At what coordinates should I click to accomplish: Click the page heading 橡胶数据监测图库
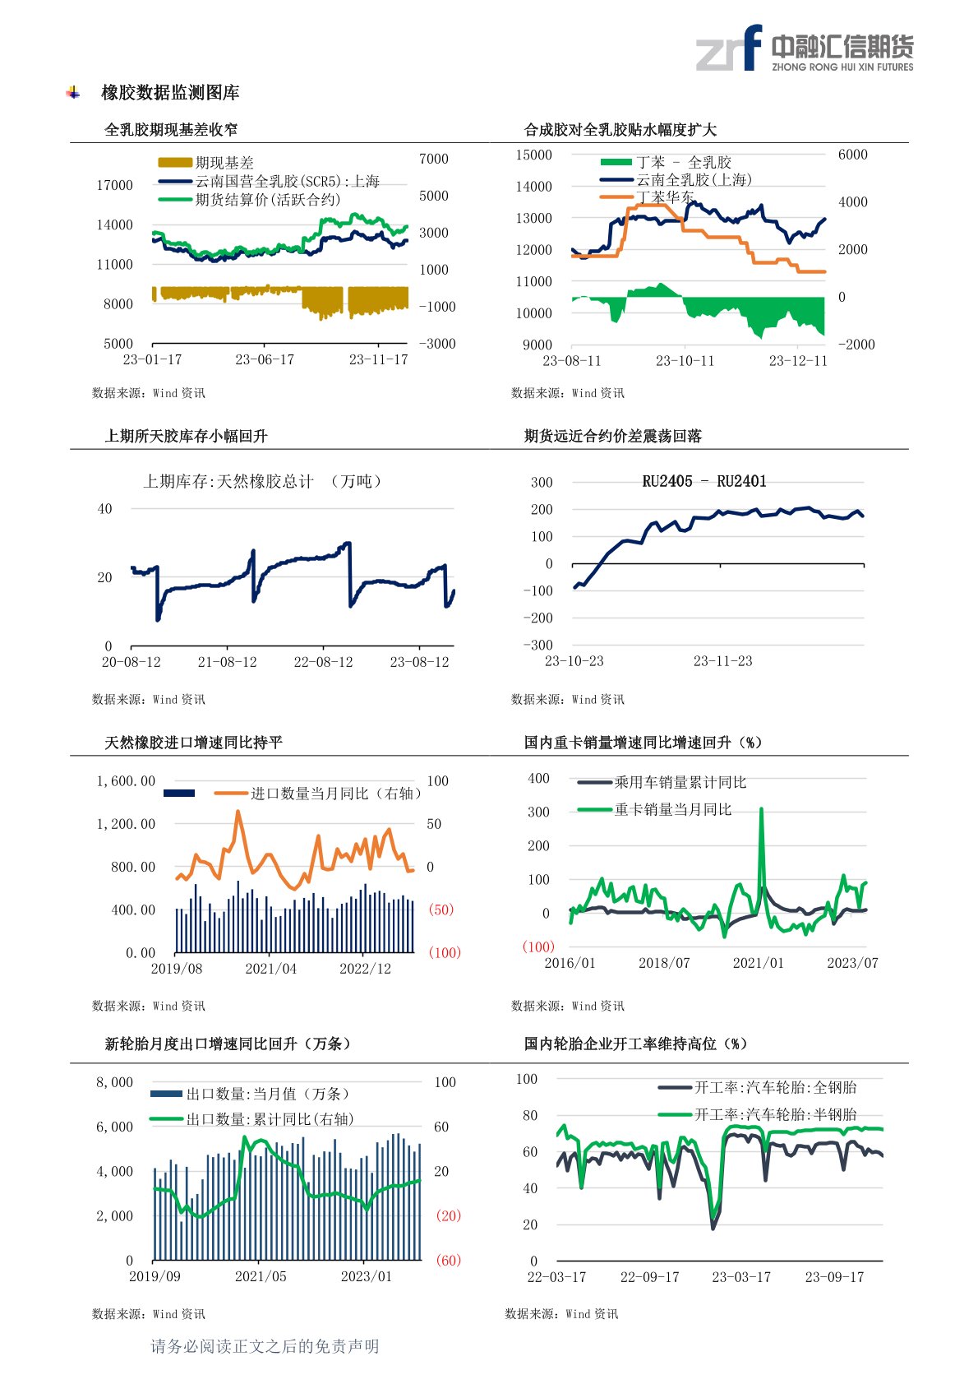[x=170, y=93]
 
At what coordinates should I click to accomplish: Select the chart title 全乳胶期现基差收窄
[x=171, y=130]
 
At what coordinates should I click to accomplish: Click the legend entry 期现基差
[x=224, y=163]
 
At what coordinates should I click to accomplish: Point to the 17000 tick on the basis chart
[x=114, y=186]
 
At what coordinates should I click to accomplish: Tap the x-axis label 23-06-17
[x=264, y=360]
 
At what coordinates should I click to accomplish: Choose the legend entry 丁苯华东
[x=664, y=197]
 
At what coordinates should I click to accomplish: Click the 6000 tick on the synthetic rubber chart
[x=852, y=155]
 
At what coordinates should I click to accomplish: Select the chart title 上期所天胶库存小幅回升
[x=186, y=437]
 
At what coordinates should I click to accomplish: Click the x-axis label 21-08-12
[x=227, y=662]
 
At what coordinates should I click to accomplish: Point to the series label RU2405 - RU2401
[x=704, y=482]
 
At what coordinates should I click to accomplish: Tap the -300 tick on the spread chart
[x=538, y=646]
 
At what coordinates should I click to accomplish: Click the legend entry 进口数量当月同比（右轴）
[x=335, y=794]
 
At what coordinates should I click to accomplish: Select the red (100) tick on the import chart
[x=444, y=953]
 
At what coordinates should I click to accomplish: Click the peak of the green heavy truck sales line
[x=761, y=810]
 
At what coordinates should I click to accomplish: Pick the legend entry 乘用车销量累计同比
[x=680, y=783]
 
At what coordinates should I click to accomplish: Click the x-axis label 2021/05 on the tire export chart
[x=261, y=1277]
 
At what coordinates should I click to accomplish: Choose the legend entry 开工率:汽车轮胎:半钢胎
[x=775, y=1115]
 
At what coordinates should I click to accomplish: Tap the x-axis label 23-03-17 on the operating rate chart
[x=741, y=1277]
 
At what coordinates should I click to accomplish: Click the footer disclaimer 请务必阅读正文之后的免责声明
[x=265, y=1346]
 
